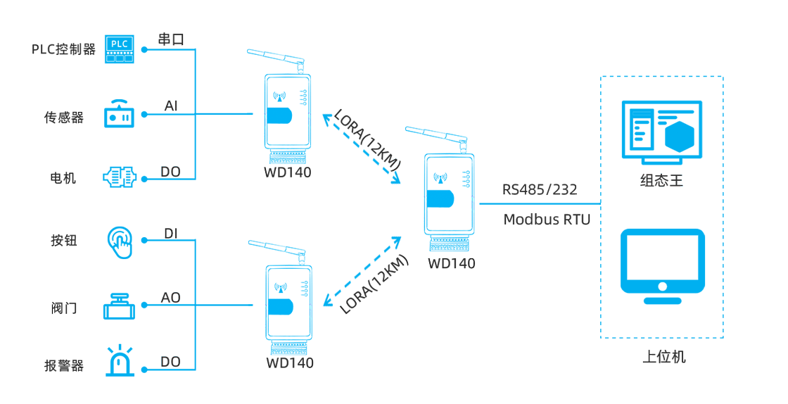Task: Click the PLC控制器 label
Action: (x=63, y=49)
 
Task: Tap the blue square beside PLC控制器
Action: (x=120, y=49)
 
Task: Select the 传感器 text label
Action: (x=63, y=118)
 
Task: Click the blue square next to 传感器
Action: (x=120, y=113)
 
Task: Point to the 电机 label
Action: (x=63, y=178)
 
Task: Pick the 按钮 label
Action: (x=63, y=241)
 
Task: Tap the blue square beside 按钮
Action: (x=120, y=242)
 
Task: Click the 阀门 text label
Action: (x=64, y=308)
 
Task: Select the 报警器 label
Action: (x=63, y=366)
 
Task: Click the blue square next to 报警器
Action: (x=120, y=360)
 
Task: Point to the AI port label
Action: (x=171, y=106)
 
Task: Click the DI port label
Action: (x=171, y=233)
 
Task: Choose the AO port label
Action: (x=171, y=298)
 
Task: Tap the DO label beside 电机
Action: (x=171, y=172)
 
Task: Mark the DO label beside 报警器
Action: (x=171, y=362)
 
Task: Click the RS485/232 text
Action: (x=540, y=189)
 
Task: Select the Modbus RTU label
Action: (x=547, y=220)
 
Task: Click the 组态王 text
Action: (x=661, y=180)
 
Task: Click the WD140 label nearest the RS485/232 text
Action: (x=452, y=263)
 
